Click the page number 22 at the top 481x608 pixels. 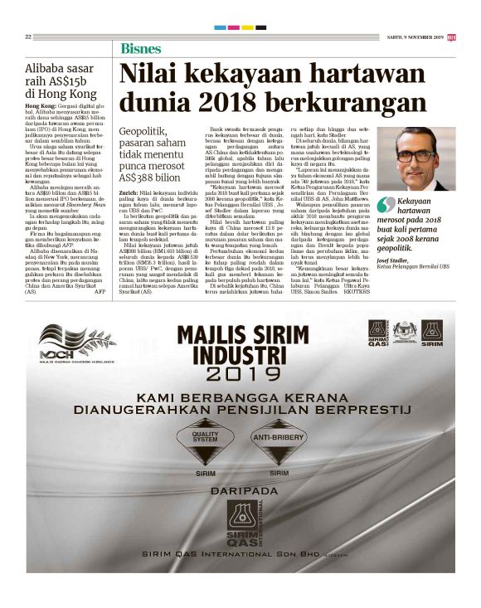[28, 36]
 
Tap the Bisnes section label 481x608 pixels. [141, 47]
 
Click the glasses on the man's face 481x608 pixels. [414, 155]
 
